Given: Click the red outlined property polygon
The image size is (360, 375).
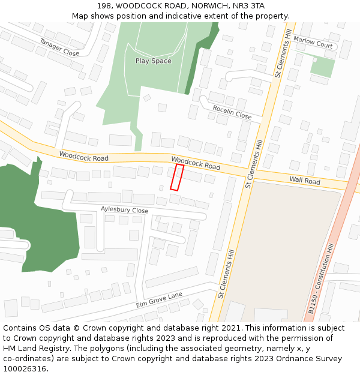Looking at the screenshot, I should point(177,178).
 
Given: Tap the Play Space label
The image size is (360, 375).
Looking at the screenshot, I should point(153,61).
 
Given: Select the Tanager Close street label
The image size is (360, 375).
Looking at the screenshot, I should point(59,47).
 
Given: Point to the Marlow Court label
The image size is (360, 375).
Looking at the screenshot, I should point(313,45).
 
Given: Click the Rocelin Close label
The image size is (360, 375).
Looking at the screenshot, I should point(232,111).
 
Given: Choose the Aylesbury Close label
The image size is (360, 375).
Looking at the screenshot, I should point(124,211).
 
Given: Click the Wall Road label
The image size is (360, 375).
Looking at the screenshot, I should point(305,181).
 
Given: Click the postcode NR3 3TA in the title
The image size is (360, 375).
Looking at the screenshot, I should point(248,6).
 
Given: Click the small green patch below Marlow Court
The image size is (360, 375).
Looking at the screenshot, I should point(322,67).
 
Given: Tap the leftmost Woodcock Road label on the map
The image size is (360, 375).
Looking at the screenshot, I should point(83,157).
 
